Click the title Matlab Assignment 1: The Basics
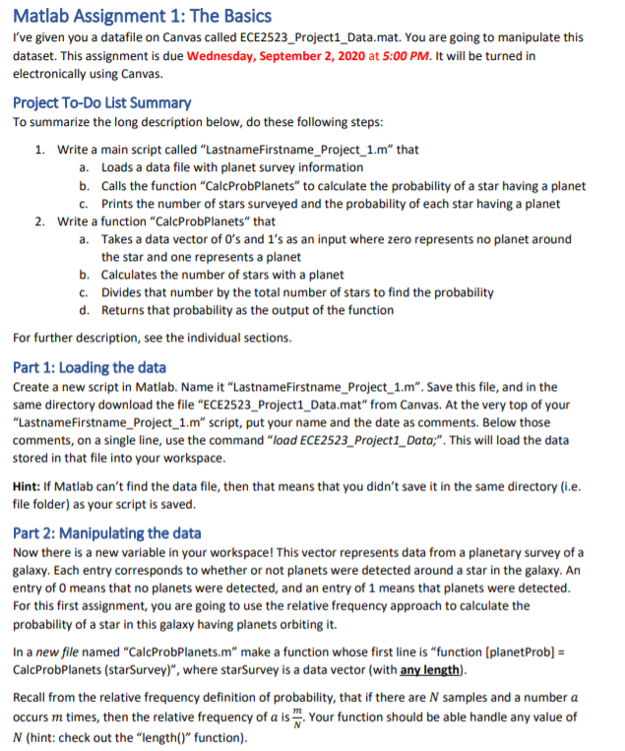tap(142, 16)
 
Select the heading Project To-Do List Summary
tap(101, 102)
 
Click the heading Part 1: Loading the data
tap(89, 367)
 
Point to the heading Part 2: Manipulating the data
tap(107, 533)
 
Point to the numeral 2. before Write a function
tap(40, 221)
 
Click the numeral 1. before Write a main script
tap(40, 150)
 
